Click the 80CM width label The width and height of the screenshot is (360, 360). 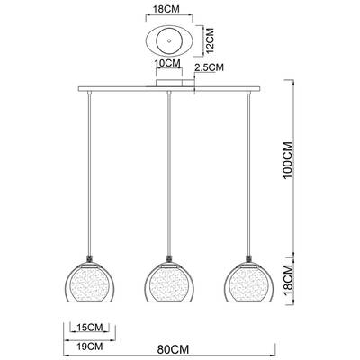click(x=168, y=346)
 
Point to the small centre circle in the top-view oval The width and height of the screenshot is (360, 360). click(x=167, y=41)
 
